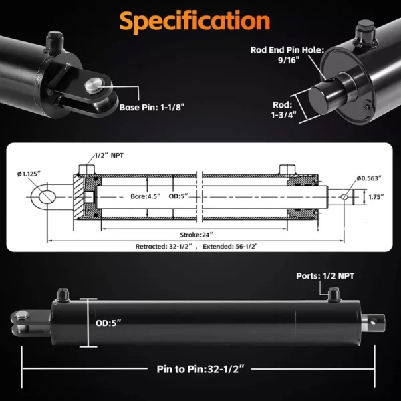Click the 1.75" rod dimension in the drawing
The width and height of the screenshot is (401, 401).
point(375,197)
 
